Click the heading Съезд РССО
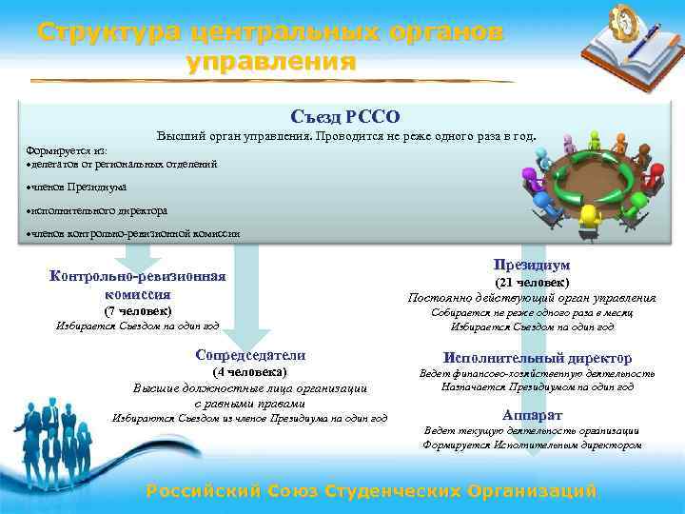pyautogui.click(x=345, y=117)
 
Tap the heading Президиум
pyautogui.click(x=532, y=265)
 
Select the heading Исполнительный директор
pyautogui.click(x=538, y=358)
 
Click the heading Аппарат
pyautogui.click(x=532, y=416)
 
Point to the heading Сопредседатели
pyautogui.click(x=250, y=355)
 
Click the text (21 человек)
pyautogui.click(x=532, y=282)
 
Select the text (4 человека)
pyautogui.click(x=250, y=371)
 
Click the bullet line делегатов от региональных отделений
pyautogui.click(x=124, y=164)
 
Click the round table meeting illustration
pyautogui.click(x=594, y=181)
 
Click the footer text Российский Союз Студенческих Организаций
pyautogui.click(x=371, y=491)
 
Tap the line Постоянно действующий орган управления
pyautogui.click(x=532, y=298)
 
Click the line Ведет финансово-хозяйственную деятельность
pyautogui.click(x=538, y=373)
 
